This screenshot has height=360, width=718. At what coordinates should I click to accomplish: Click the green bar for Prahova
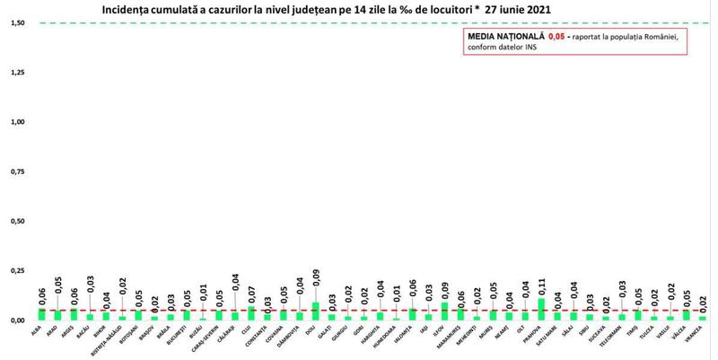[540, 310]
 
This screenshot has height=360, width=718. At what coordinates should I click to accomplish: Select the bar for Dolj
[315, 312]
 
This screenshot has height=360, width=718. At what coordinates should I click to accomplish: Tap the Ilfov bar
[443, 312]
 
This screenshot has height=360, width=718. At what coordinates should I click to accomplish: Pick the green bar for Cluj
[251, 313]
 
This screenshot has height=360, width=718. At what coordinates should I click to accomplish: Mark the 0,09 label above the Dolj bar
[315, 290]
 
